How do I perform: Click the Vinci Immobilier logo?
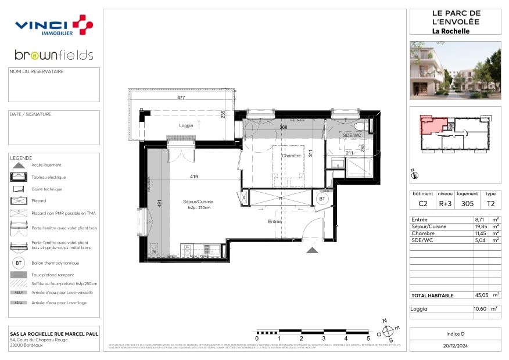(x=53, y=26)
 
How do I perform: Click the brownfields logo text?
(x=53, y=56)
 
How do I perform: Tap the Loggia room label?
(x=186, y=125)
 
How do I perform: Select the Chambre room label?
(x=291, y=156)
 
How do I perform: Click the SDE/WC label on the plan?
(x=352, y=135)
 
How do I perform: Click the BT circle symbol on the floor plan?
(x=321, y=199)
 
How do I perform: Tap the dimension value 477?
(x=181, y=98)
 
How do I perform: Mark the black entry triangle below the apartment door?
(x=312, y=250)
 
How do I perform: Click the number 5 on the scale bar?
(x=368, y=338)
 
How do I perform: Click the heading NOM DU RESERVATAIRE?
(x=35, y=72)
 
